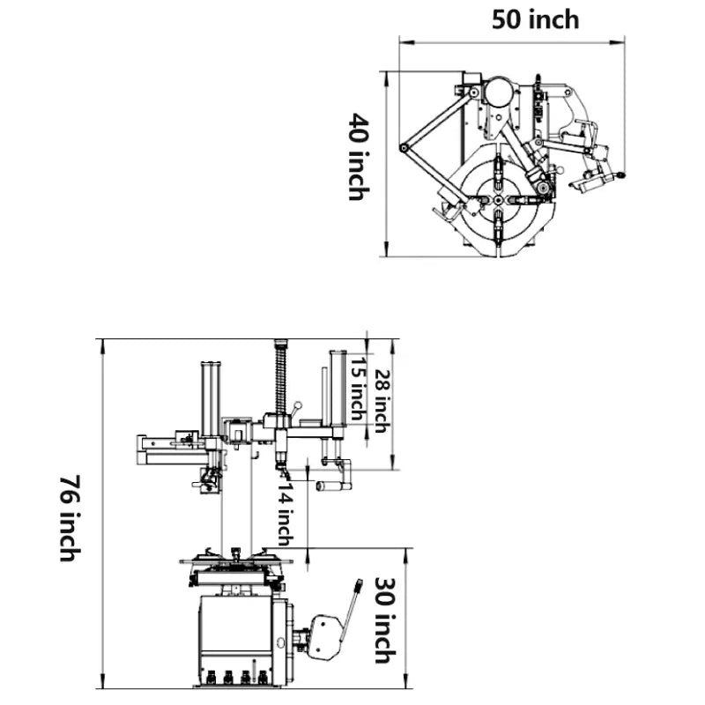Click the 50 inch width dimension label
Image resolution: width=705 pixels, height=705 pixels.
point(535,19)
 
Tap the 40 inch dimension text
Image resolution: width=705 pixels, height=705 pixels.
point(356,156)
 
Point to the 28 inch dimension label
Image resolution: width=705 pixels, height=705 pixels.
point(380,401)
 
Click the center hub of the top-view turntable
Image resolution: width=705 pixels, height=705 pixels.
point(498,201)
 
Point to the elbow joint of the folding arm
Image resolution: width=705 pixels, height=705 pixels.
point(404,148)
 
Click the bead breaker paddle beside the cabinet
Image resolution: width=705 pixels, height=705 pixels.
point(325,636)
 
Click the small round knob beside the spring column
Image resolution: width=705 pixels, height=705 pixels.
point(299,405)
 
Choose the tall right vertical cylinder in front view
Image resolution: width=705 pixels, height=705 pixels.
point(337,392)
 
